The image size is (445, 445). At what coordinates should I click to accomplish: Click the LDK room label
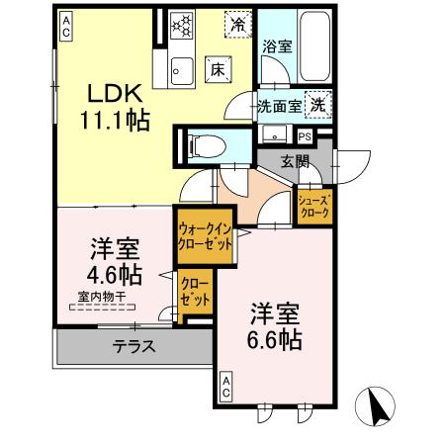click(118, 93)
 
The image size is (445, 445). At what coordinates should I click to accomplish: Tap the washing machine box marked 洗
click(318, 102)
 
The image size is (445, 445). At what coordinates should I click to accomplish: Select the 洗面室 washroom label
click(278, 104)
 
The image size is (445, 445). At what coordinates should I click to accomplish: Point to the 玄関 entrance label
click(294, 162)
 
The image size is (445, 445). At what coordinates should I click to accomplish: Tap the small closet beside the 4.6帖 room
click(194, 296)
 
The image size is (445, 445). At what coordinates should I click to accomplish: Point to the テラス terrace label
click(132, 346)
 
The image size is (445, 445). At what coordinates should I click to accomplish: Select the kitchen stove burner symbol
click(182, 25)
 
